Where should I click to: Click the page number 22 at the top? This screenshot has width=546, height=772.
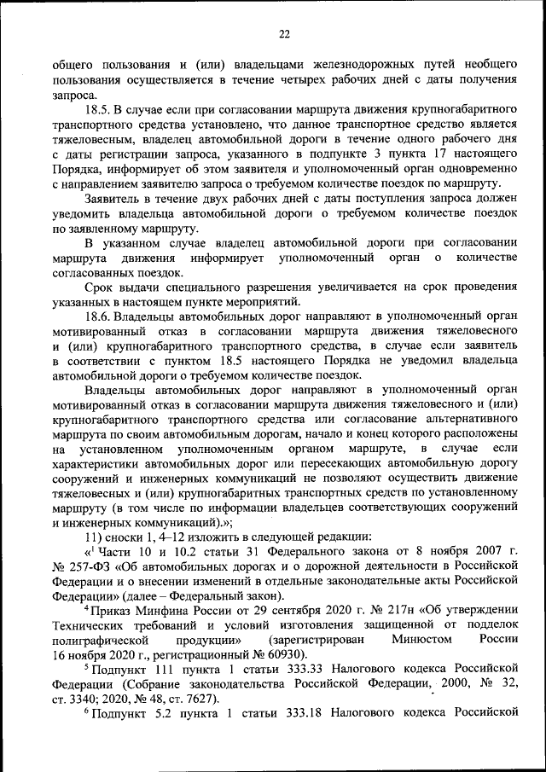284,34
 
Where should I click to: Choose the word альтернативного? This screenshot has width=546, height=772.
474,419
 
